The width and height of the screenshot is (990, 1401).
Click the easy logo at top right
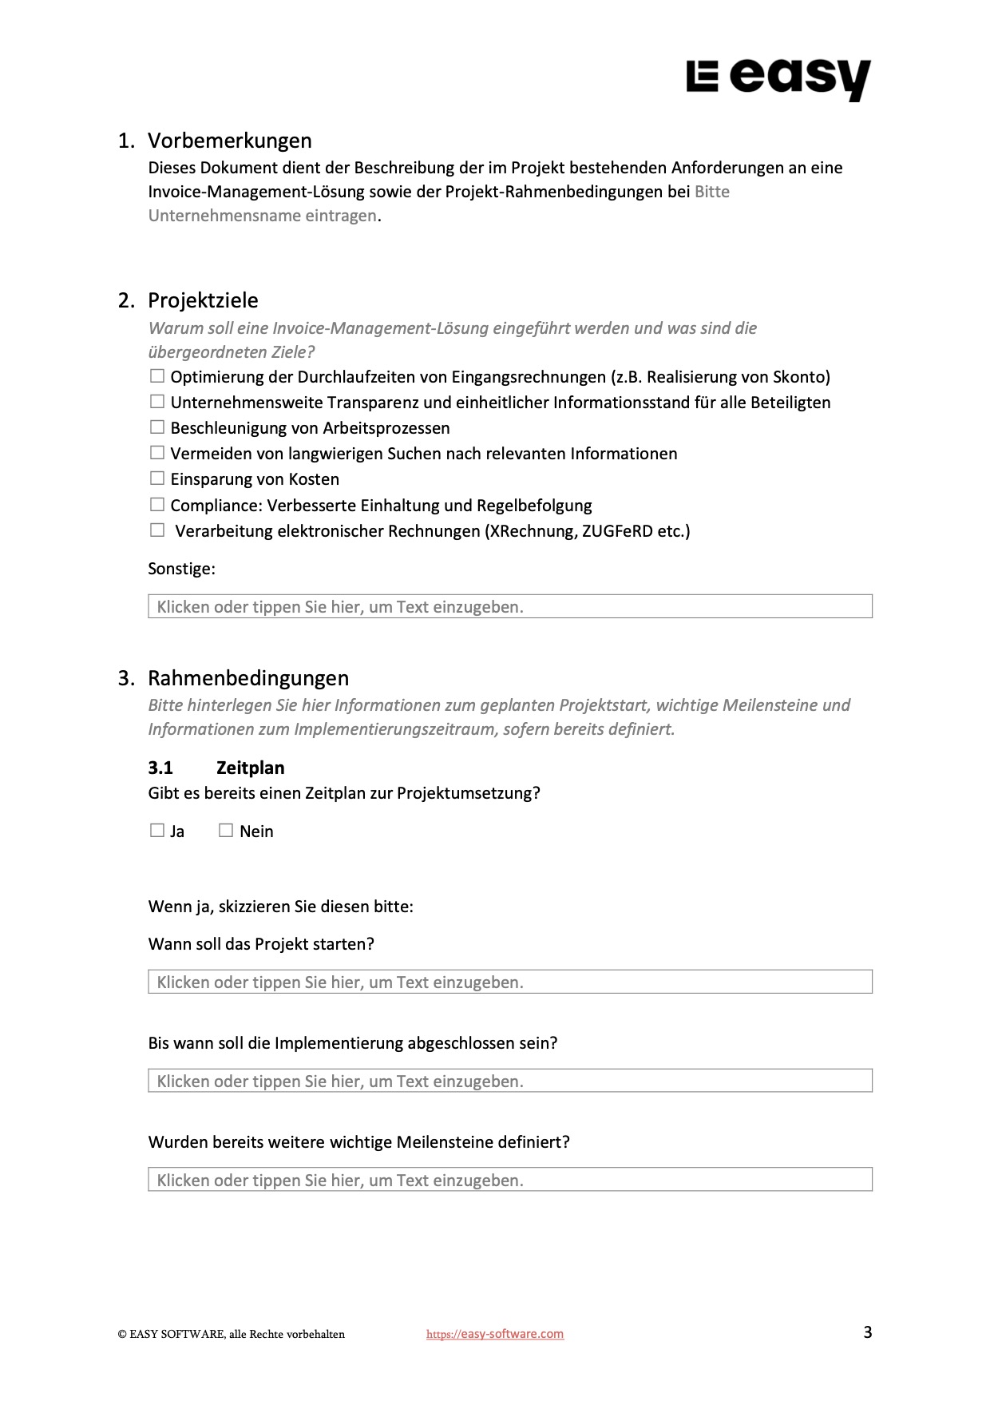[778, 79]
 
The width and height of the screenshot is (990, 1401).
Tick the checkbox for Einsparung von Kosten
[157, 478]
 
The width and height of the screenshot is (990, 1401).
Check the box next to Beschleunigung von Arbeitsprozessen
[157, 427]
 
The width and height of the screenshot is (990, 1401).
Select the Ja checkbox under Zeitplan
[157, 831]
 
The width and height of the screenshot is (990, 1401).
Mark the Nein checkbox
[226, 831]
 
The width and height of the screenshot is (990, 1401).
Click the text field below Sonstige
[509, 606]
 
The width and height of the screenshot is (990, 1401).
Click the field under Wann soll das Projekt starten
[509, 982]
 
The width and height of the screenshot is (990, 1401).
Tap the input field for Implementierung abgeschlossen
[509, 1081]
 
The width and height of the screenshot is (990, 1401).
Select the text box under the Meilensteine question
[509, 1180]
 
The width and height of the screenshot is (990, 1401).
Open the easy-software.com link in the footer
[495, 1334]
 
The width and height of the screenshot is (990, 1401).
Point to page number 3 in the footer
[867, 1332]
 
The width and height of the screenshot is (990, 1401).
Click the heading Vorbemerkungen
[229, 141]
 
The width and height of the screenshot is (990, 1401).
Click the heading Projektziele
[203, 300]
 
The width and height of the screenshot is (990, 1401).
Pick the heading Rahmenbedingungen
[248, 678]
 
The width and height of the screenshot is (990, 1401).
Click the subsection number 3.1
[160, 768]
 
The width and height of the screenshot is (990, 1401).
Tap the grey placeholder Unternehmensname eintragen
[262, 216]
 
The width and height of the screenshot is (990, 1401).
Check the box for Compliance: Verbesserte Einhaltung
[157, 505]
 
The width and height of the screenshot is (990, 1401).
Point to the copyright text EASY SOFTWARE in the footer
[232, 1334]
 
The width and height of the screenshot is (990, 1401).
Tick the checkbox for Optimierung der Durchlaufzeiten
[157, 376]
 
